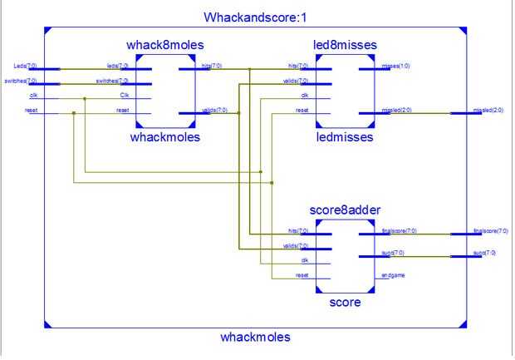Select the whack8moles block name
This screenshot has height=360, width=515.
click(x=165, y=44)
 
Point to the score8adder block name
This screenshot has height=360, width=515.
click(x=345, y=210)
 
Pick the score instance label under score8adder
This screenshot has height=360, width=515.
click(x=345, y=303)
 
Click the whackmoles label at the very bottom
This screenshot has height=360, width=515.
click(x=255, y=337)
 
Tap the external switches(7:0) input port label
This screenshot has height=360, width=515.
click(x=21, y=81)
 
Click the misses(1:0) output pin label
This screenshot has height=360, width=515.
click(x=395, y=65)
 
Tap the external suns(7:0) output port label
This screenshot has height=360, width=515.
click(x=484, y=252)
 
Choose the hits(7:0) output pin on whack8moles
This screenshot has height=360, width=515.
click(x=211, y=65)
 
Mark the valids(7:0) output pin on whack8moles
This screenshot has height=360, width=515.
click(x=213, y=110)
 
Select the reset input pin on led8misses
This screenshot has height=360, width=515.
click(x=302, y=110)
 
